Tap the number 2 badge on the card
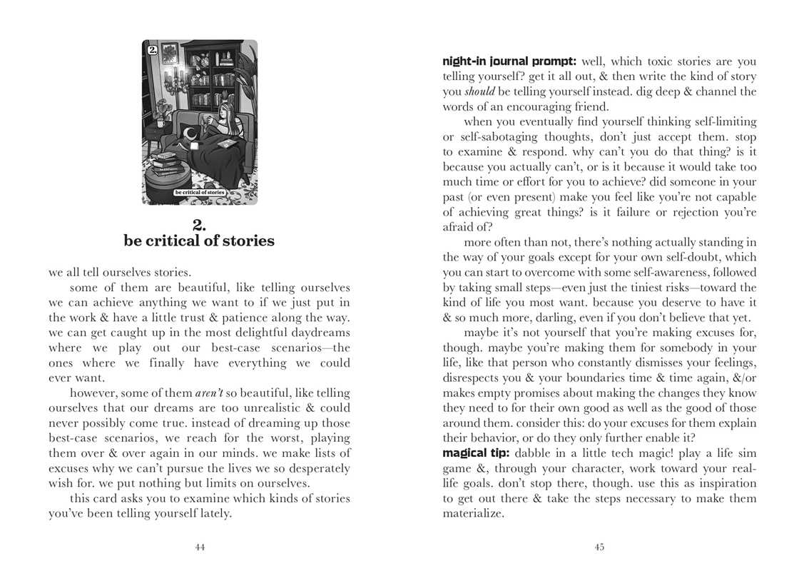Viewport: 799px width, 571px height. pyautogui.click(x=152, y=51)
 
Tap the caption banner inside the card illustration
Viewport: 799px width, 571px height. pyautogui.click(x=200, y=193)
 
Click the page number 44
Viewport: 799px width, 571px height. pyautogui.click(x=200, y=547)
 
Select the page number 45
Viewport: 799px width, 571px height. pyautogui.click(x=599, y=547)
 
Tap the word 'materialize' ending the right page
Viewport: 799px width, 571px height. pyautogui.click(x=474, y=513)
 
